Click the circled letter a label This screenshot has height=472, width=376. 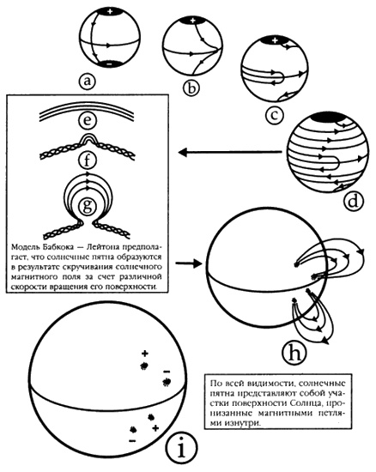click(88, 82)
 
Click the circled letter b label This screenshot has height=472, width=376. click(191, 88)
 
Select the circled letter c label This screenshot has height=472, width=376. click(274, 115)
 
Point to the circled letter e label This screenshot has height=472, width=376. click(88, 120)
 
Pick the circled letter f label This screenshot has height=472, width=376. click(88, 160)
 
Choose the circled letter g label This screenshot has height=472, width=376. click(88, 207)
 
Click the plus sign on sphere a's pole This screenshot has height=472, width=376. click(110, 12)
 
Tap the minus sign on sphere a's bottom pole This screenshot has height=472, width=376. click(110, 64)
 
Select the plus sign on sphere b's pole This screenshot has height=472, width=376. click(193, 21)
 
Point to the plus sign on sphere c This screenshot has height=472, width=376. click(274, 39)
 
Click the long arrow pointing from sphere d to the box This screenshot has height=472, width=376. click(230, 152)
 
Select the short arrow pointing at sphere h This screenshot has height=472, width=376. click(188, 263)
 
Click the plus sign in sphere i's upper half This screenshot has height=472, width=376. click(145, 353)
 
